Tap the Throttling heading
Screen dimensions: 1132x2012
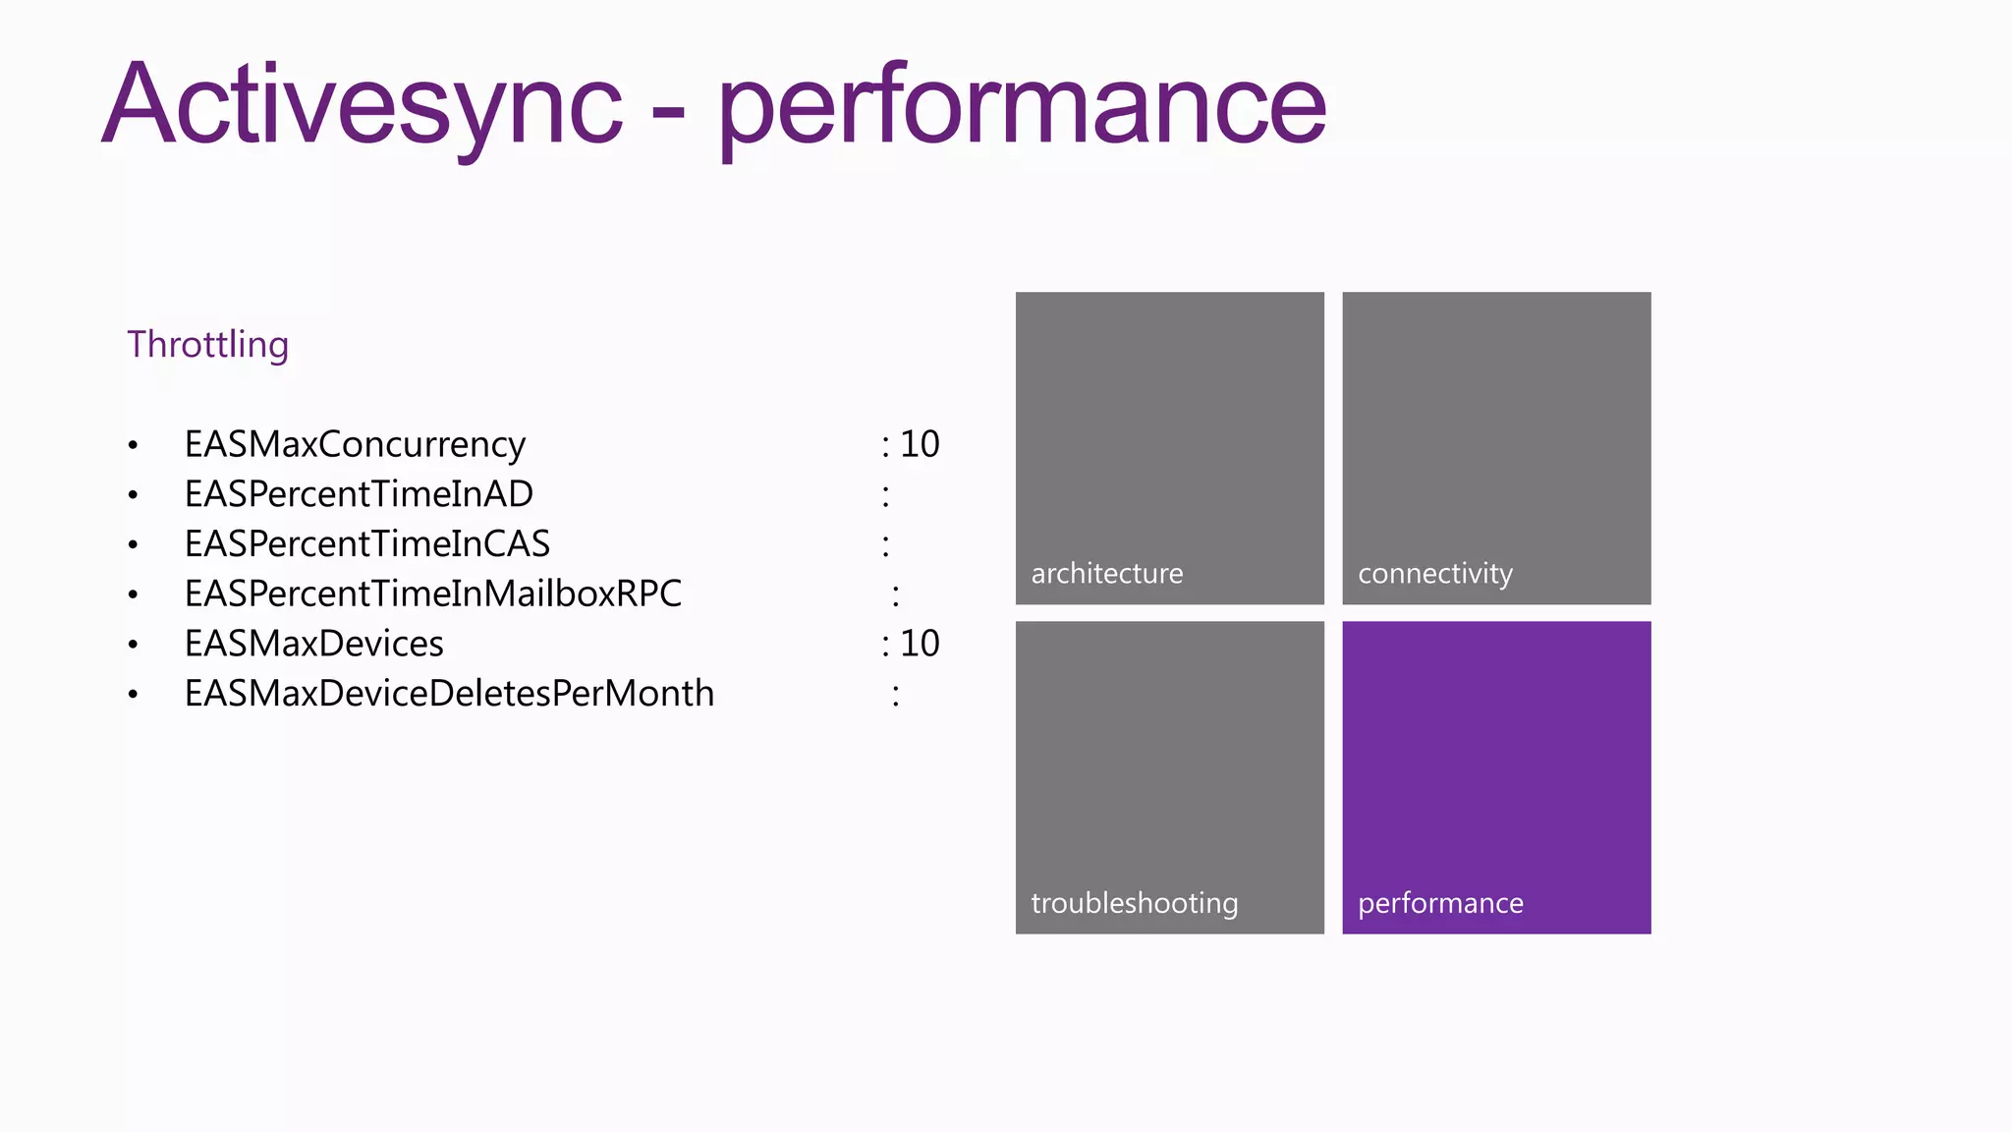click(x=207, y=345)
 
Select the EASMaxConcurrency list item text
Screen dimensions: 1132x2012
click(x=355, y=444)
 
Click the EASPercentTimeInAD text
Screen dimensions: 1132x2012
click(x=359, y=494)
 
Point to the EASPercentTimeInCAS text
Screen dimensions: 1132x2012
click(x=367, y=544)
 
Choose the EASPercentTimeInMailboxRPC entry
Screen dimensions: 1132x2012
click(x=433, y=594)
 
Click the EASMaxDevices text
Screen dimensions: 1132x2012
click(x=314, y=644)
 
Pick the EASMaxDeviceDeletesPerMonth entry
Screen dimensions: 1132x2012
click(x=449, y=694)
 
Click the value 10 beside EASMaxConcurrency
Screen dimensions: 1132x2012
click(x=920, y=444)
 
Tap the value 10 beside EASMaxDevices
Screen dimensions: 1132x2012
click(x=920, y=644)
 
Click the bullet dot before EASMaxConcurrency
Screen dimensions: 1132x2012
click(x=133, y=446)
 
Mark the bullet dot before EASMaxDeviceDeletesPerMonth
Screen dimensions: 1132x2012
click(x=133, y=695)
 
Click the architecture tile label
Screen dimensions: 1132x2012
click(x=1107, y=574)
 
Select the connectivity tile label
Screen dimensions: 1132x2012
click(x=1435, y=574)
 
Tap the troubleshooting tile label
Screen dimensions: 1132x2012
click(x=1135, y=903)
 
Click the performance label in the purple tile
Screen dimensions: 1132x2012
click(x=1440, y=903)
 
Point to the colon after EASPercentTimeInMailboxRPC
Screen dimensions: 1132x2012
click(x=895, y=595)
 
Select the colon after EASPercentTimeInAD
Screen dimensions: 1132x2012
click(x=885, y=496)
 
